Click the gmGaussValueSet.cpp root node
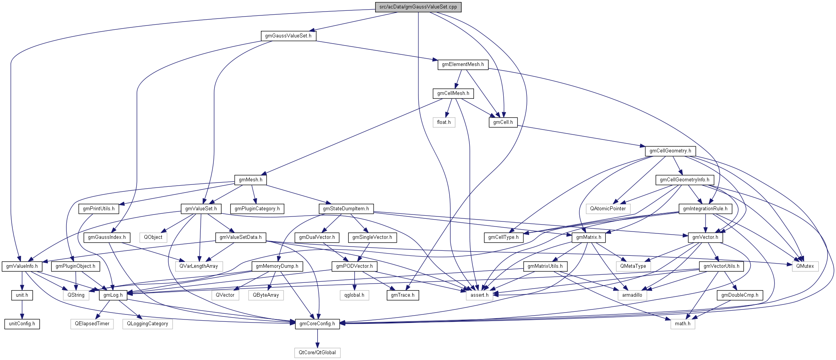tap(418, 7)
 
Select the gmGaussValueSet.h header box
tap(288, 36)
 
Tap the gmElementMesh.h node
tap(463, 64)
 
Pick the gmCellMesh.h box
tap(453, 93)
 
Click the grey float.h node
tap(444, 122)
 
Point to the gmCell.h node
tap(503, 122)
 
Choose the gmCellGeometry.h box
tap(670, 151)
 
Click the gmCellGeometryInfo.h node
tap(684, 180)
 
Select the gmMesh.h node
tap(250, 180)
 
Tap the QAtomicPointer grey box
tap(608, 209)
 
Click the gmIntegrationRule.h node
tap(705, 209)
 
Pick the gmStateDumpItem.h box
tap(346, 209)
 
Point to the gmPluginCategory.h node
tap(257, 209)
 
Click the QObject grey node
tap(153, 237)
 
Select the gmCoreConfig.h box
tap(317, 324)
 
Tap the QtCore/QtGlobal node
tap(317, 353)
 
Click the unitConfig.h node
tap(22, 324)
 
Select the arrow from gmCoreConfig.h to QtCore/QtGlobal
tap(317, 338)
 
